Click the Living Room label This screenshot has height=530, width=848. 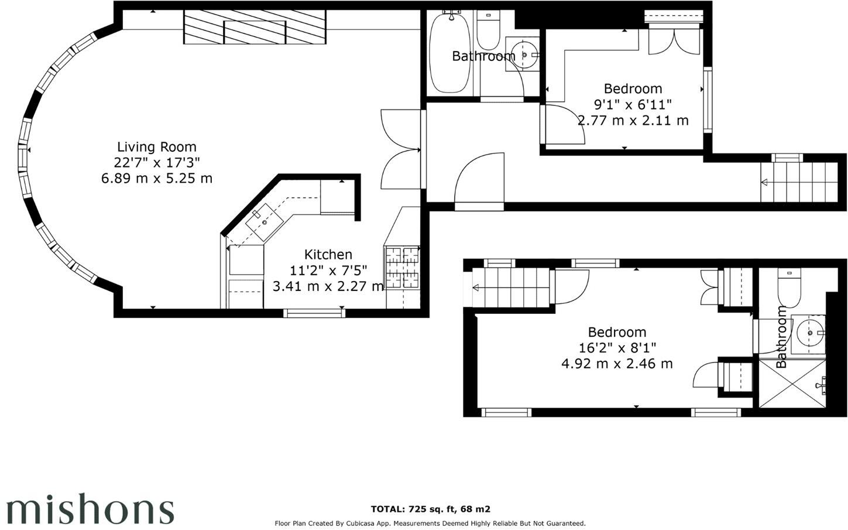[x=156, y=147]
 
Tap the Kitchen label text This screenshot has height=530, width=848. [x=328, y=255]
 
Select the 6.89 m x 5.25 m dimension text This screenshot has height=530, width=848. [x=156, y=179]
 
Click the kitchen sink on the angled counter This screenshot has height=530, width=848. [x=263, y=222]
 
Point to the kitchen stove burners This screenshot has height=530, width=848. [x=402, y=268]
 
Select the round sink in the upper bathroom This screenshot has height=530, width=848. [x=525, y=56]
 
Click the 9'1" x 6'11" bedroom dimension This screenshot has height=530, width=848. [x=633, y=105]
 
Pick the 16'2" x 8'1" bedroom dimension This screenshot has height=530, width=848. [x=617, y=348]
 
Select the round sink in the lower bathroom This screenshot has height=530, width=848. [x=810, y=333]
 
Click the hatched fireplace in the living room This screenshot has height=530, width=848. [x=255, y=27]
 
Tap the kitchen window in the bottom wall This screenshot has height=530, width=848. [x=314, y=313]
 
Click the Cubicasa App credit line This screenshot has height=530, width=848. [x=430, y=524]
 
